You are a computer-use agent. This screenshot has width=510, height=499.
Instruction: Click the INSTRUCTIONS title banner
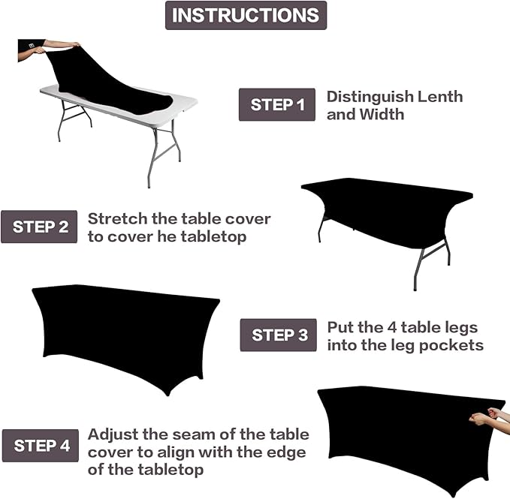(x=246, y=15)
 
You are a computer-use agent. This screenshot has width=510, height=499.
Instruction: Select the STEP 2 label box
(x=40, y=227)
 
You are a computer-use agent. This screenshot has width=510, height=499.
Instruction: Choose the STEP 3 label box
(x=278, y=335)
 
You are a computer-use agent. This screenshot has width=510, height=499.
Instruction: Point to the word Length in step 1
(x=440, y=97)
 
